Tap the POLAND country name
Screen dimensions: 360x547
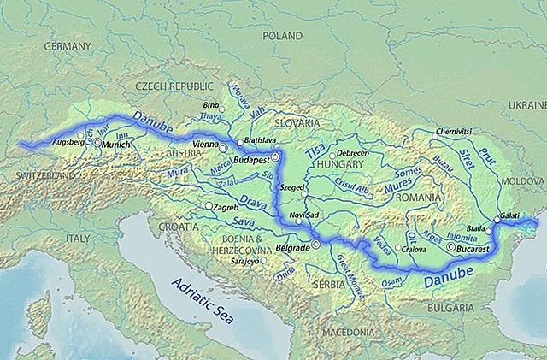click(283, 38)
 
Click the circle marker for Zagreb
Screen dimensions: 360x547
click(209, 206)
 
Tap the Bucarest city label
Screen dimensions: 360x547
click(472, 247)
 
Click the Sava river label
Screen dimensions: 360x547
click(244, 222)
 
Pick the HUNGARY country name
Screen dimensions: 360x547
click(340, 163)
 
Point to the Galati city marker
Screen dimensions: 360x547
click(497, 220)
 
